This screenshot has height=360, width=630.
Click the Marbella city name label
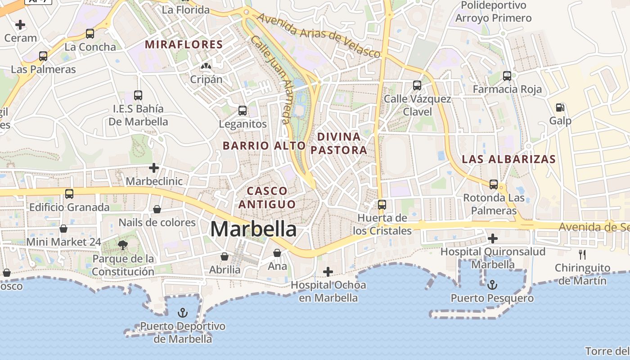[253, 229]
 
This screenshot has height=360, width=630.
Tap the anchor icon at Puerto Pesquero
[492, 284]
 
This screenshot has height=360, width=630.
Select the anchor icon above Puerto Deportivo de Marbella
[183, 313]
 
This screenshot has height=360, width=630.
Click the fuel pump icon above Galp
[560, 107]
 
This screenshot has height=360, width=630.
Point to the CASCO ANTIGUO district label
[267, 198]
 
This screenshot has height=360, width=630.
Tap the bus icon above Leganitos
[243, 110]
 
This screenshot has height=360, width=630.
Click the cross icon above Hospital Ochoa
[328, 271]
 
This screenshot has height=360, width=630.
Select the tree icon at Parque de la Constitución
[122, 245]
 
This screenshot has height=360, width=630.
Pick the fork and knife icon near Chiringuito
[582, 255]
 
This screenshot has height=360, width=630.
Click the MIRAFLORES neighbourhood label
[184, 45]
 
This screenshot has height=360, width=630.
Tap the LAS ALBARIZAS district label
[509, 159]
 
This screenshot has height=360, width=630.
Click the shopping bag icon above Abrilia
[225, 256]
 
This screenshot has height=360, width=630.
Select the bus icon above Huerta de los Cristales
[382, 204]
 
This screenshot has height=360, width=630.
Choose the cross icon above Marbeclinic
[154, 168]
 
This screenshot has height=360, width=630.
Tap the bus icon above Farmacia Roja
[507, 76]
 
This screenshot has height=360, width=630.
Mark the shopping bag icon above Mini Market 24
[63, 229]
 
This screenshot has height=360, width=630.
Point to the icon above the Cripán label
[206, 66]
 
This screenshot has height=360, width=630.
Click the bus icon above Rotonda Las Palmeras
[494, 184]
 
